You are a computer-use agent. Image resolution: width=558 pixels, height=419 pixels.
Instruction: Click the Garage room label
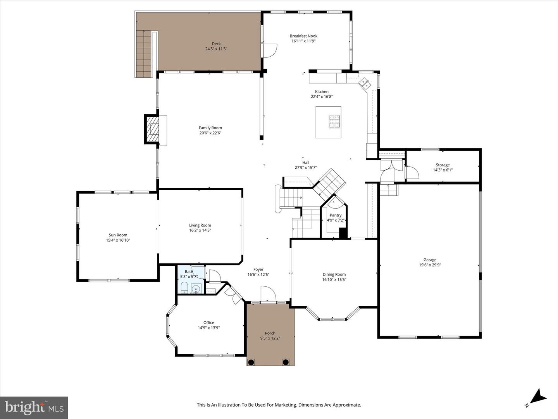[x=430, y=260]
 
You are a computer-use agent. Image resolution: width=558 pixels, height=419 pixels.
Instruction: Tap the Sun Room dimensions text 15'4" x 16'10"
[x=118, y=240]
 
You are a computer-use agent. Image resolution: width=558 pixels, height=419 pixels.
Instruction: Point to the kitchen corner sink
[x=364, y=83]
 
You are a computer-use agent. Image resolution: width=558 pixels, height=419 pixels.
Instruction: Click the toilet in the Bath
[x=184, y=288]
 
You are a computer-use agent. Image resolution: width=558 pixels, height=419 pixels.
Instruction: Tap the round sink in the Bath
[x=197, y=289]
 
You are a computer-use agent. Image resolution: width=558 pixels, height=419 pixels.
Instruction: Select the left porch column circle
[x=251, y=362]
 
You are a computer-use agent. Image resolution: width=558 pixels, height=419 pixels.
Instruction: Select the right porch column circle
[x=286, y=362]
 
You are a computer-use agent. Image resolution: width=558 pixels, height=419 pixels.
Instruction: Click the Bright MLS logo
[x=34, y=407]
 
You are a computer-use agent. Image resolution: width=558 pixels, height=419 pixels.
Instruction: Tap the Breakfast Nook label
[x=303, y=36]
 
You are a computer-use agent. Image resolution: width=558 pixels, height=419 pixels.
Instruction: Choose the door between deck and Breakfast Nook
[x=269, y=50]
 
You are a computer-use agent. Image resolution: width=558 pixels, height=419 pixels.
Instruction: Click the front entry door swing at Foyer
[x=268, y=294]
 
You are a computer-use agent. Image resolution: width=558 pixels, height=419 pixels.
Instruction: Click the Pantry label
[x=336, y=215]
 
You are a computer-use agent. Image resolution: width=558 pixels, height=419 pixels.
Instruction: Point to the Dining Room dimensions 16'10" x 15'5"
[x=334, y=279]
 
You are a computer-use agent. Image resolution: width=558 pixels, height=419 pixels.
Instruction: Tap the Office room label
[x=208, y=322]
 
